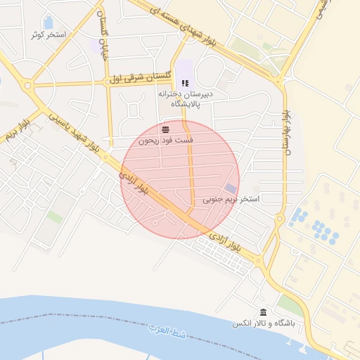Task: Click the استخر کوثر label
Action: (49, 34)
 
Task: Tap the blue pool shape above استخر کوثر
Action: (48, 23)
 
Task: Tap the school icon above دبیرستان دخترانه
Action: (185, 83)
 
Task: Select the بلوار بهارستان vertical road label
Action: (285, 133)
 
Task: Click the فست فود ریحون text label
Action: (165, 141)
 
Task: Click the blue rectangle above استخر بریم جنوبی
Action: (231, 188)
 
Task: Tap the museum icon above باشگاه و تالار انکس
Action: (263, 312)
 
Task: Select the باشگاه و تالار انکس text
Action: (263, 324)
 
